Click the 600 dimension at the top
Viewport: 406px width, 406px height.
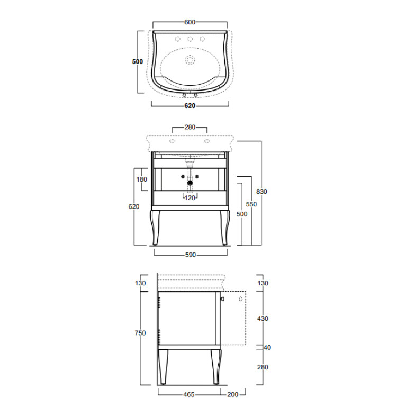coord(190,22)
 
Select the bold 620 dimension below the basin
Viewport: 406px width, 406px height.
coord(190,106)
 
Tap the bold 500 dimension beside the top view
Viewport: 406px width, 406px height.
coord(138,61)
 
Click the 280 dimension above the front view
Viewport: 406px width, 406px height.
coord(190,127)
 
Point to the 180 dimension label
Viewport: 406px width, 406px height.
coord(142,179)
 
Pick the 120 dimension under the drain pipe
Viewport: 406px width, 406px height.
coord(190,198)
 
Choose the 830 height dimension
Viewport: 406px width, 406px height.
coord(261,191)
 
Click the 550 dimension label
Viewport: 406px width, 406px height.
coord(251,204)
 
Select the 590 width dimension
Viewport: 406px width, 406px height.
coord(191,255)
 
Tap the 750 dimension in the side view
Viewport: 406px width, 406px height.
coord(140,333)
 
